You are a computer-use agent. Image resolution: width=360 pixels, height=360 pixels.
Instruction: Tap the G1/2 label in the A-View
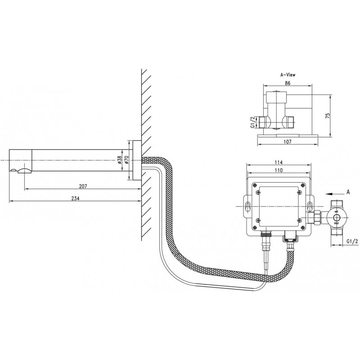coord(253,121)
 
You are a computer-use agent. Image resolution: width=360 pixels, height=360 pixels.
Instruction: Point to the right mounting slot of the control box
coord(310,206)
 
